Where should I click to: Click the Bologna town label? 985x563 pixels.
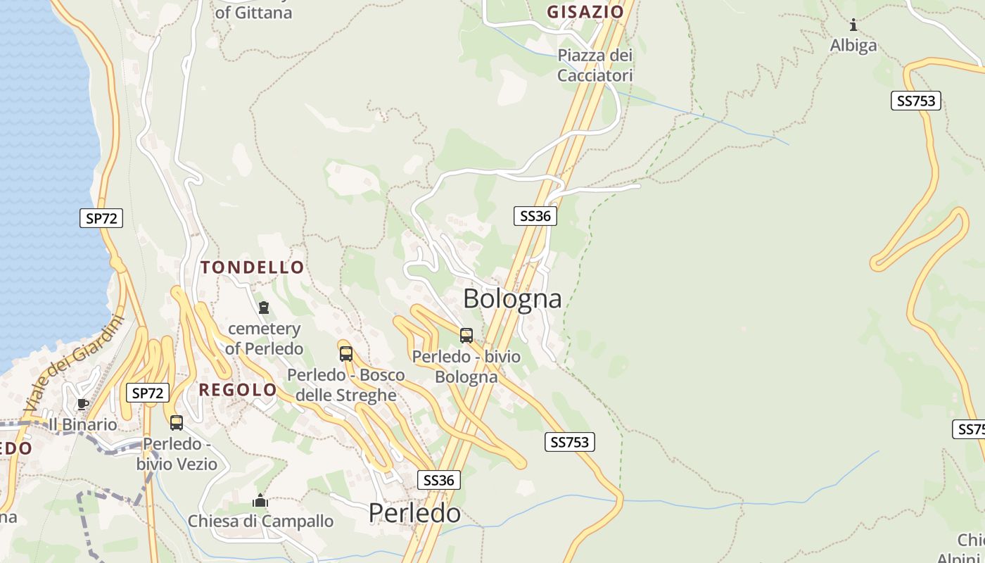coord(512,299)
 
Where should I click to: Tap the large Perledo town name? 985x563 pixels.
coord(414,513)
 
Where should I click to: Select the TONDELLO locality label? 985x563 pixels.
coord(253,267)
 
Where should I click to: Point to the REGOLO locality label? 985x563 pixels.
coord(238,390)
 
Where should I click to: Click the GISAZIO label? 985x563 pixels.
coord(585,12)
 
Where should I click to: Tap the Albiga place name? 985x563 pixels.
coord(853,46)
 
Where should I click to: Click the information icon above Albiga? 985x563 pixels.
coord(853,26)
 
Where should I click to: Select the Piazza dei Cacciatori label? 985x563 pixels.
coord(595,65)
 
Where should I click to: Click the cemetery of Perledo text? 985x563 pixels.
coord(264,339)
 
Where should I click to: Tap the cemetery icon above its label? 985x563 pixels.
coord(264,308)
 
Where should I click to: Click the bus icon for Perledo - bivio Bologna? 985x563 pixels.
coord(466,335)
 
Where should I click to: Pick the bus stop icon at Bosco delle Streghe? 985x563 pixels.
coord(345,353)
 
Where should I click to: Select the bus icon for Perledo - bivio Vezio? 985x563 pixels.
coord(177,422)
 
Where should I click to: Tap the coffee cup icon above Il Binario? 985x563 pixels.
coord(82,404)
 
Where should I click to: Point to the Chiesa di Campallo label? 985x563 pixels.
coord(260,521)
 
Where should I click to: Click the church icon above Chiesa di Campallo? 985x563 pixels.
coord(260,501)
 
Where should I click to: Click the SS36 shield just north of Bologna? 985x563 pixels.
coord(535,216)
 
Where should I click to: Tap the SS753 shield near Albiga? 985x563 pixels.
coord(916,101)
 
